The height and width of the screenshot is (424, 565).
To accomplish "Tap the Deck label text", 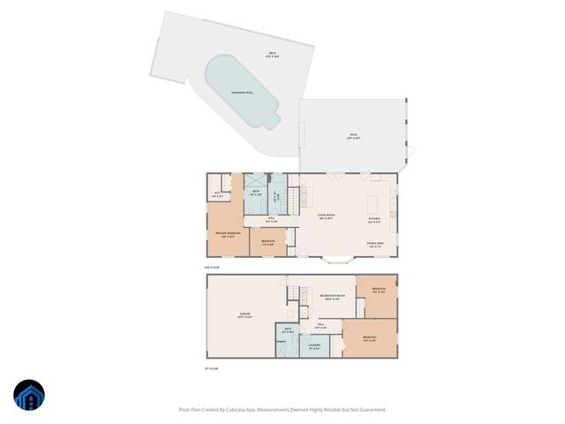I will coord(273,55).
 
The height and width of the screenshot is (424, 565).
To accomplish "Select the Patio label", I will coord(352,136).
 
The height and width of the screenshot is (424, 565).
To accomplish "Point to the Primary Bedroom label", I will coord(229,234).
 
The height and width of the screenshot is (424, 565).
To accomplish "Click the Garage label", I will coord(245,314).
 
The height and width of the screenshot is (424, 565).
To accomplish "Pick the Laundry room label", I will coord(314,345).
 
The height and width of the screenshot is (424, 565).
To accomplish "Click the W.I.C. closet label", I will coord(217,194).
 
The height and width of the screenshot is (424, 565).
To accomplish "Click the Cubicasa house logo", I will coord(28,396).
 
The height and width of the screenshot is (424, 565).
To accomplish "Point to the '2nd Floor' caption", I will coord(211,266).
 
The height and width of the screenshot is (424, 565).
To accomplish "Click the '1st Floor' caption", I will coord(212,368).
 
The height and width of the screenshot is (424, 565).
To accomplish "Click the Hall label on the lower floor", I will coord(323,326).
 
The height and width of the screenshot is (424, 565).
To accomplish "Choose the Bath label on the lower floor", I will coord(288,330).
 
